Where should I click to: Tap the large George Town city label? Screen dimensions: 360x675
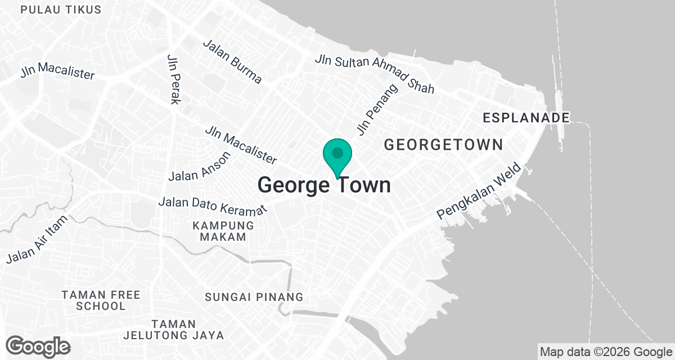click(324, 184)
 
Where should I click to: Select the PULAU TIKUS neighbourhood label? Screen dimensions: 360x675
click(61, 10)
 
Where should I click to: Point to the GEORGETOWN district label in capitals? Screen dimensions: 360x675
click(443, 145)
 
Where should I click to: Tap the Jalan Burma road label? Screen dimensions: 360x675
click(233, 61)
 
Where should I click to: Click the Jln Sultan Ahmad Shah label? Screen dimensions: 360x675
click(375, 74)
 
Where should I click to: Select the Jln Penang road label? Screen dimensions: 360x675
click(377, 110)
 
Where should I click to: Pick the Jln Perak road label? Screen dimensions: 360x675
click(174, 79)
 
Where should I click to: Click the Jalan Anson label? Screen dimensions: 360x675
click(200, 166)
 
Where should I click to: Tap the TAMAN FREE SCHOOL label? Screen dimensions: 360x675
click(101, 300)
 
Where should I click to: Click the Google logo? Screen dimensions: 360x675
click(38, 346)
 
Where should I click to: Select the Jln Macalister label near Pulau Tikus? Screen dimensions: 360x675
click(57, 73)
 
